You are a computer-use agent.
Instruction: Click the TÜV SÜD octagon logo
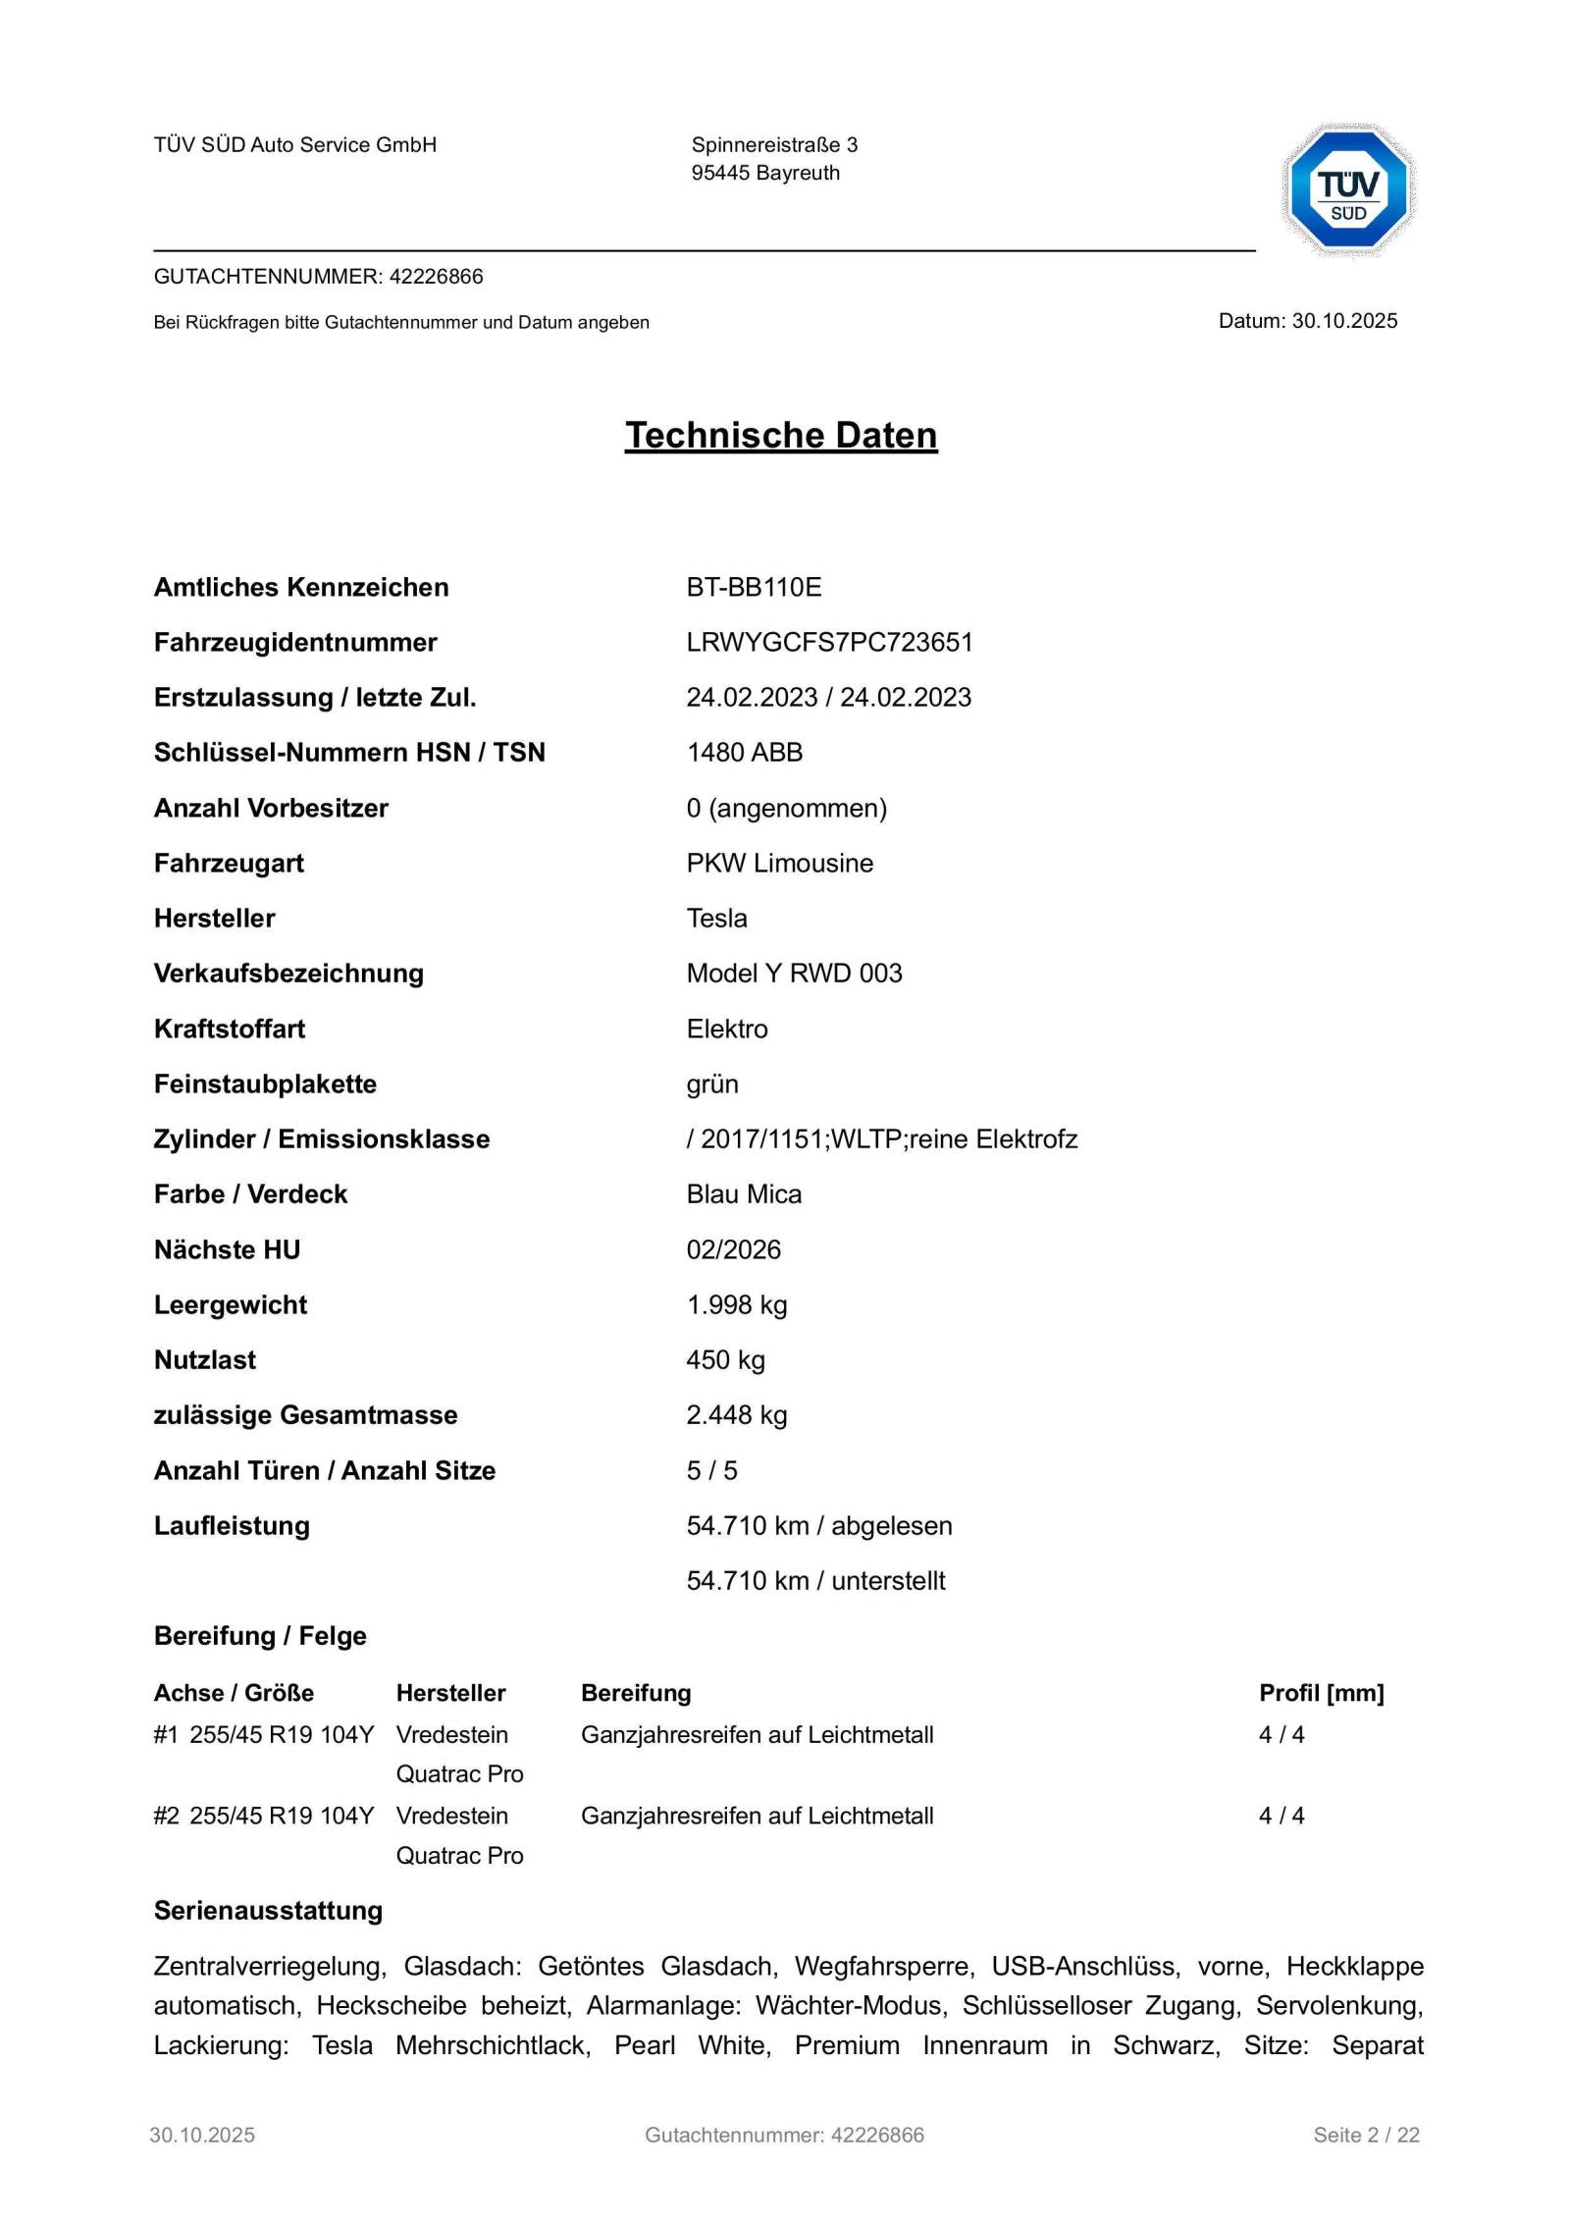coord(1348,191)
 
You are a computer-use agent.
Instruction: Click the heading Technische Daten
coord(781,435)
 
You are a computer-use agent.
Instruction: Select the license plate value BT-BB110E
coord(754,587)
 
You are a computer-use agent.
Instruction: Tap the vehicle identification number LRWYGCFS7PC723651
coord(829,642)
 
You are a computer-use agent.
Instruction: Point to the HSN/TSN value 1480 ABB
coord(744,752)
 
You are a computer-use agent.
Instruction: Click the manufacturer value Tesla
coord(716,918)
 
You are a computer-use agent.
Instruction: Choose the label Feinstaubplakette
coord(265,1084)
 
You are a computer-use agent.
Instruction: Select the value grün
coord(712,1084)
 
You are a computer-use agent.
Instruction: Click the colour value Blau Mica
coord(744,1193)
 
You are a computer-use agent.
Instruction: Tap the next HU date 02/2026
coord(733,1249)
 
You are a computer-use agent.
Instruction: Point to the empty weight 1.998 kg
coord(736,1304)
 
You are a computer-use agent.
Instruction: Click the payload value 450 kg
coord(725,1359)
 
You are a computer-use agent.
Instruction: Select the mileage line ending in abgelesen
coord(818,1525)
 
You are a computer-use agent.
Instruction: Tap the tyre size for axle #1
coord(282,1734)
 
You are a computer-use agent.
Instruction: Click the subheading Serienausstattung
coord(268,1910)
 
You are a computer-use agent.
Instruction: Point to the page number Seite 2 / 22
coord(1366,2135)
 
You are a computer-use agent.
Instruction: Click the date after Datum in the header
coord(1344,321)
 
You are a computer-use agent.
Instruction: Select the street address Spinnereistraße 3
coord(774,145)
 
